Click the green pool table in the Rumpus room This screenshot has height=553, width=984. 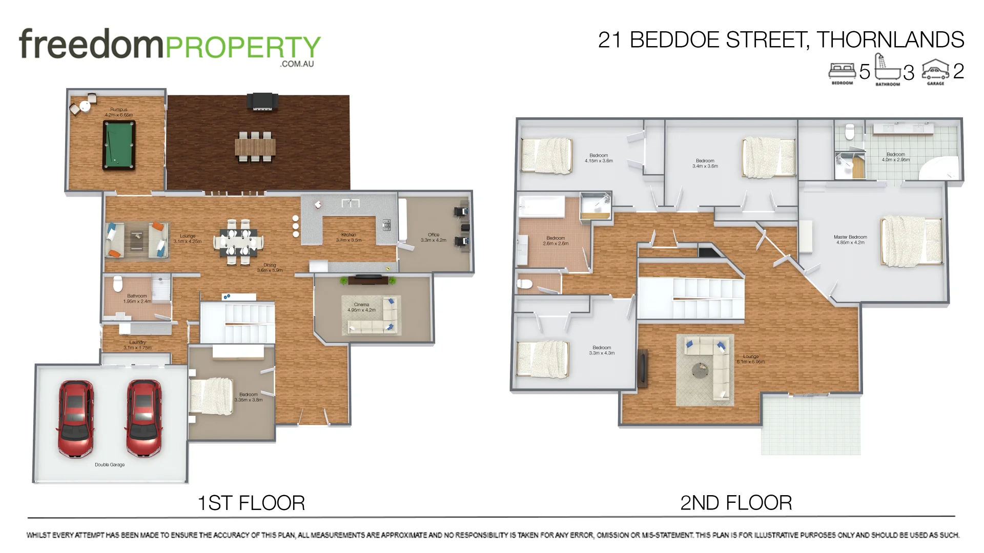[119, 145]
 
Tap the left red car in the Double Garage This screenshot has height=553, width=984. [76, 418]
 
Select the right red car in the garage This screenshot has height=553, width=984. [144, 418]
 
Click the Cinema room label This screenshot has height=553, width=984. [361, 307]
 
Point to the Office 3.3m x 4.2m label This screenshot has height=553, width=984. [434, 238]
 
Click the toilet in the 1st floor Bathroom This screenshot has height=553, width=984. [118, 283]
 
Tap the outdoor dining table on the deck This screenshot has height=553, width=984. [255, 147]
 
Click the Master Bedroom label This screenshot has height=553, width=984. [850, 240]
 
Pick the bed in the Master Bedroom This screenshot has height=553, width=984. [911, 241]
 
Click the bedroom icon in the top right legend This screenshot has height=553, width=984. [842, 71]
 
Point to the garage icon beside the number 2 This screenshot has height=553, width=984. [935, 71]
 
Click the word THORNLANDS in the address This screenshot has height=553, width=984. [890, 40]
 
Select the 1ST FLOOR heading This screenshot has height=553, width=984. [251, 503]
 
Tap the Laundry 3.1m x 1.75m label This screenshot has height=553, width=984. [137, 345]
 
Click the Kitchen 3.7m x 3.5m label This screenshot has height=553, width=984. [348, 238]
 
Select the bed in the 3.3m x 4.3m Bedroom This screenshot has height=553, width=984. [543, 359]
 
